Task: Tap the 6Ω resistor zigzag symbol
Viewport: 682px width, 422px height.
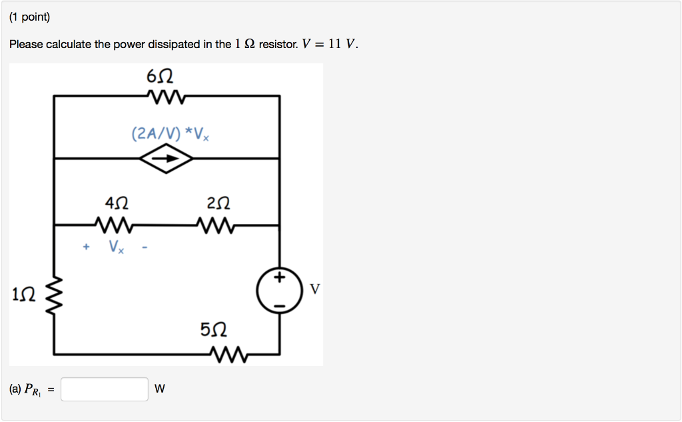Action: click(167, 97)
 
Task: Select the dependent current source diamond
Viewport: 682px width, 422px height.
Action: click(167, 159)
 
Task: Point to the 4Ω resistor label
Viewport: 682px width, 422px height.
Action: click(115, 201)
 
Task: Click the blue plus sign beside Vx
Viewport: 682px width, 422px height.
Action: click(86, 247)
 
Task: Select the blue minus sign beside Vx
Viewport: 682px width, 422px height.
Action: click(143, 247)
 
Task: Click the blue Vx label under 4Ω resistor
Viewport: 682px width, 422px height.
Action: click(116, 247)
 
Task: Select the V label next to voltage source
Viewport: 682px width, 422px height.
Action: click(315, 289)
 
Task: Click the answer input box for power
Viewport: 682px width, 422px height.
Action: click(105, 389)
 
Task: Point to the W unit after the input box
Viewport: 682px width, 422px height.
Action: click(160, 389)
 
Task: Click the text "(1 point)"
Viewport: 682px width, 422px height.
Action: click(30, 18)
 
